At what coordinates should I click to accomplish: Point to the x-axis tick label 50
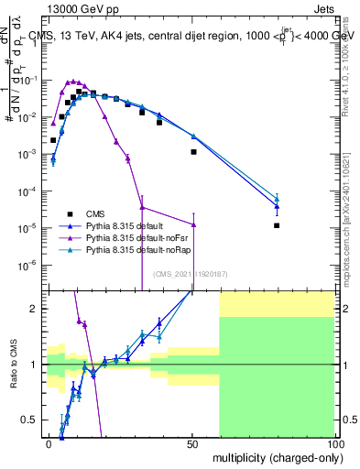[191, 443]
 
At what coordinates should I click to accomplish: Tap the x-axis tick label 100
[333, 443]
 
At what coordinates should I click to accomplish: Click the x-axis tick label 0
[49, 443]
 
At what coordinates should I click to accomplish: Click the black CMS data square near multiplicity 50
[193, 152]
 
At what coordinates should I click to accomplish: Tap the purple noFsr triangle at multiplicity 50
[193, 224]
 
